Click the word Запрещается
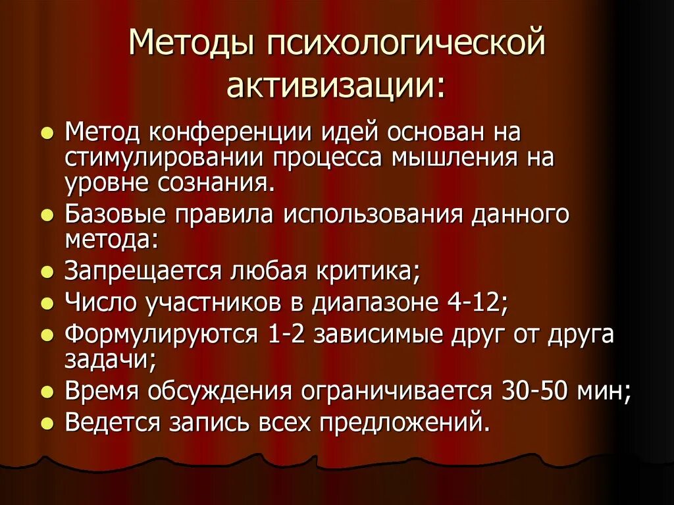(145, 271)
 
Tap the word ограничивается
(395, 392)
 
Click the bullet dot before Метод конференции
(47, 134)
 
